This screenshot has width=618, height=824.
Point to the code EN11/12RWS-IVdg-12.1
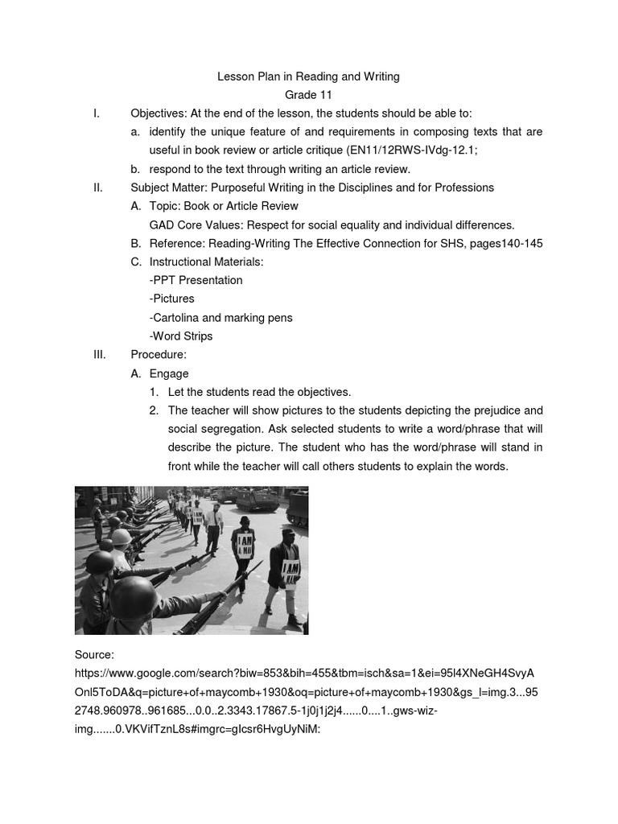tap(450, 150)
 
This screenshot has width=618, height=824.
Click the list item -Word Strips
tap(181, 336)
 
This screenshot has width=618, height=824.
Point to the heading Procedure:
tap(159, 355)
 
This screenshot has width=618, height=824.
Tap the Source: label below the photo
tap(94, 656)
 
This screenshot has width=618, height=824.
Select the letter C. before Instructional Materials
tap(136, 262)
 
